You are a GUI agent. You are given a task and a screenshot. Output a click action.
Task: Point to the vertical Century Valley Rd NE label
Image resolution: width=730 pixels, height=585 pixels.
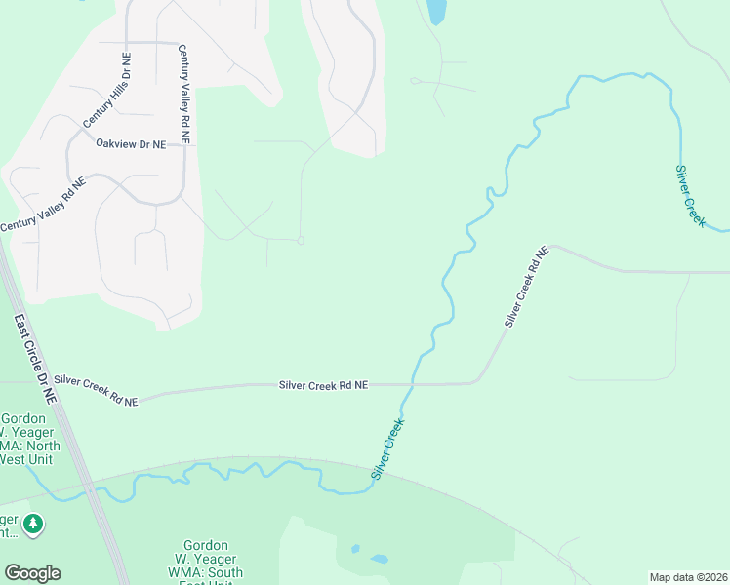click(182, 94)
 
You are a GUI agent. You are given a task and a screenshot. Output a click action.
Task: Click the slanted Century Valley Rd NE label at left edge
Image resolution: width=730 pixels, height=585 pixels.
click(43, 204)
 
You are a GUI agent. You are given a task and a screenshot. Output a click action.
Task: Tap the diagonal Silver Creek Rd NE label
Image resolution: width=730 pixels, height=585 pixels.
click(527, 287)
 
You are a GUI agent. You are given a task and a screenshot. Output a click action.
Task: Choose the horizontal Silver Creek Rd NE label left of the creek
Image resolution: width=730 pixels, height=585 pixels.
click(323, 385)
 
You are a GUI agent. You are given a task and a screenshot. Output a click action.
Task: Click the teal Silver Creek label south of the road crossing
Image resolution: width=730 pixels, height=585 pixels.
click(387, 449)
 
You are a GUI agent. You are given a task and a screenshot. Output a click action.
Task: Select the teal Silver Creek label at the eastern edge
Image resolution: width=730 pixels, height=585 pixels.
click(690, 196)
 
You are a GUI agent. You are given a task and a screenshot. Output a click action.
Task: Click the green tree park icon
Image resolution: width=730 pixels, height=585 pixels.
click(34, 526)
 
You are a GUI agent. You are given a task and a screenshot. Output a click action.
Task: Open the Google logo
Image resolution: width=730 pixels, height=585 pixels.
click(32, 573)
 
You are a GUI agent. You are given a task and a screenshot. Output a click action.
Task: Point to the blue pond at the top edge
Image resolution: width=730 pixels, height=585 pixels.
click(436, 12)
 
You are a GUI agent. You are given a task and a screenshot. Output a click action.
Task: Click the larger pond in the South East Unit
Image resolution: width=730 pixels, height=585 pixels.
click(379, 560)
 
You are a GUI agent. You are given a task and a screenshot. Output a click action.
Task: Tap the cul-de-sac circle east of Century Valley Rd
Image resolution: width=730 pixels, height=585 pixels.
click(301, 241)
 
